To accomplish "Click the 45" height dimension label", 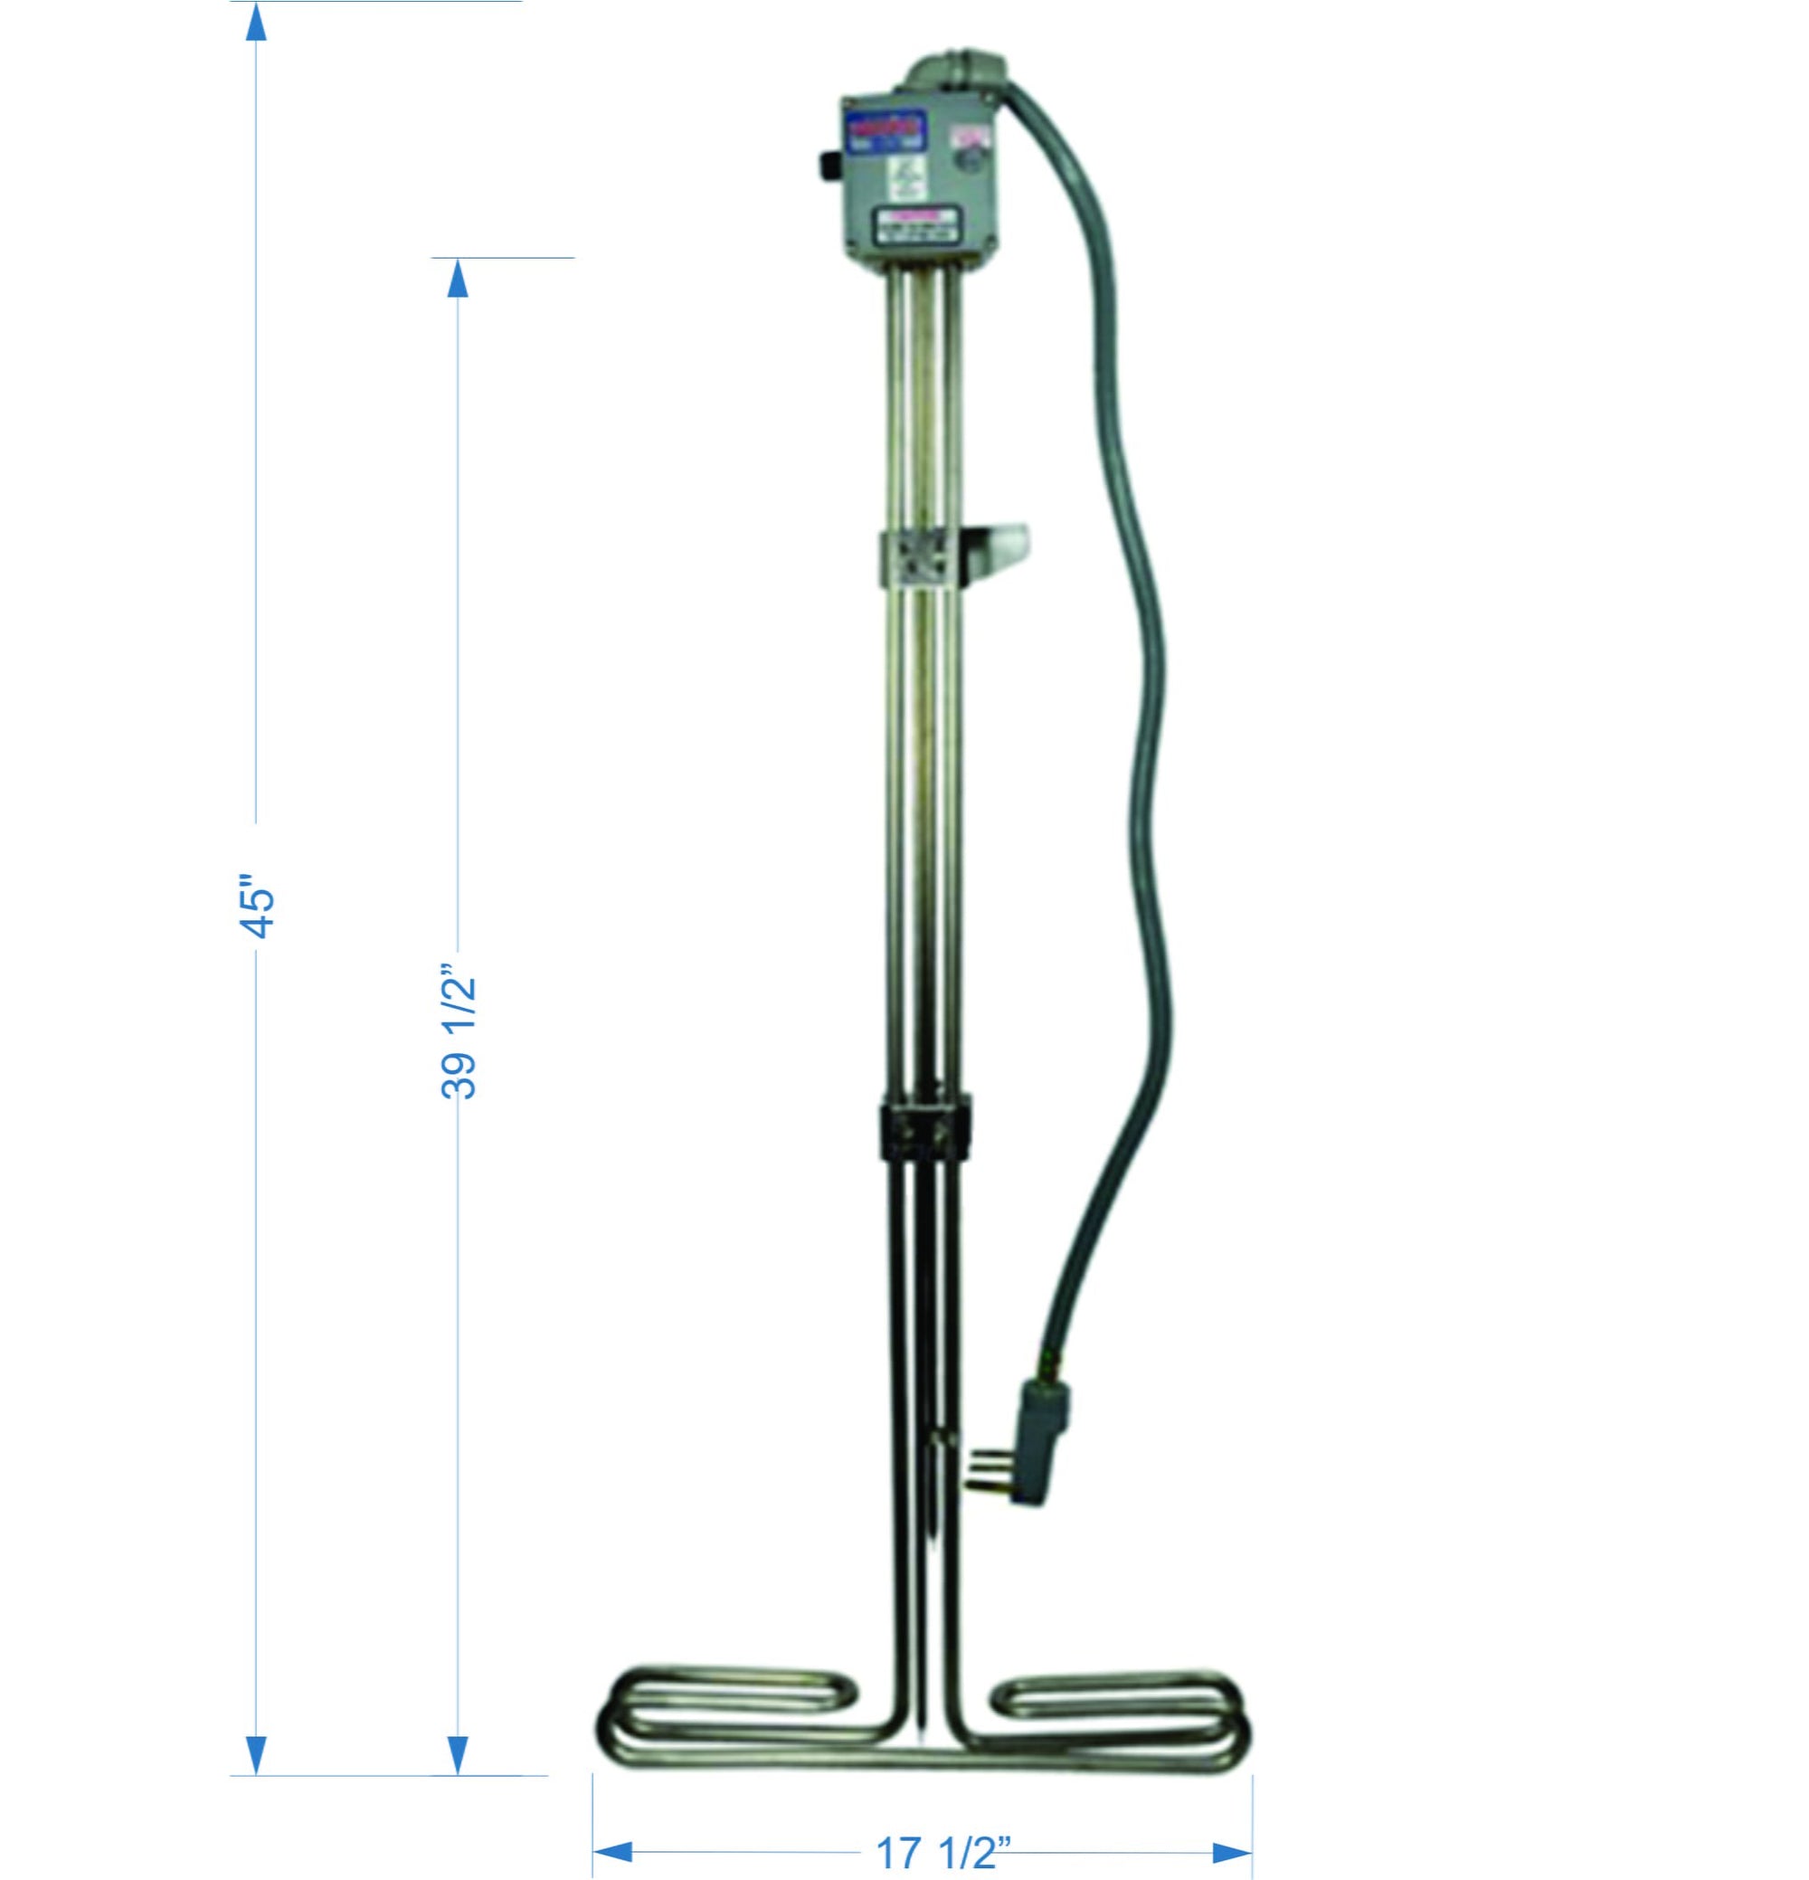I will click(x=258, y=906).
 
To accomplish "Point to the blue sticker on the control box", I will click(x=884, y=129).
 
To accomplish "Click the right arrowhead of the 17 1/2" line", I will click(x=1232, y=1844).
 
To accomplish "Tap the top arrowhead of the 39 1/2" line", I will click(x=459, y=280).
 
